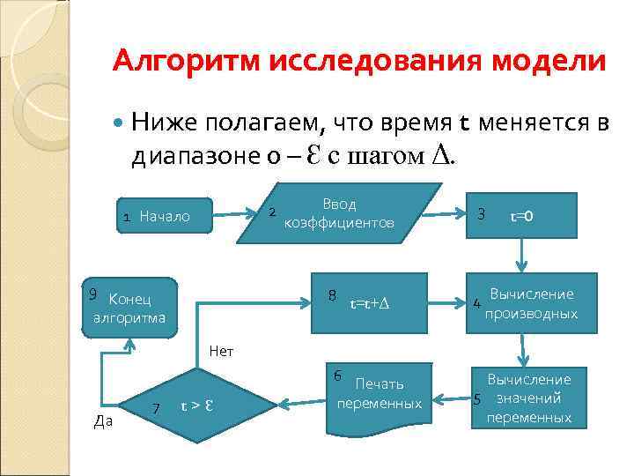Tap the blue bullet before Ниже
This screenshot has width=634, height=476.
(121, 120)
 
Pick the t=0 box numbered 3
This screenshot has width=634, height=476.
(521, 214)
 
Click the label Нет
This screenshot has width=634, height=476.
(221, 351)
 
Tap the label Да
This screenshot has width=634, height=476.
(102, 421)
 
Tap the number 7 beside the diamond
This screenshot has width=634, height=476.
(156, 408)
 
